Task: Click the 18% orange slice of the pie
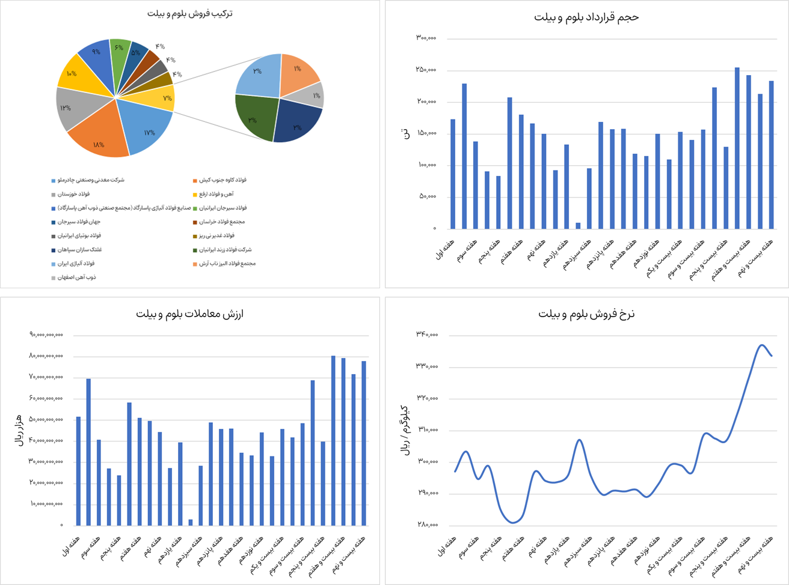click(x=99, y=135)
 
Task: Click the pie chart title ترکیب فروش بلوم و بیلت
click(x=190, y=13)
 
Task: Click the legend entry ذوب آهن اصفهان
click(x=77, y=277)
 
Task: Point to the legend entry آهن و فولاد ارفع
click(x=216, y=194)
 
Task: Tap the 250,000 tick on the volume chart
click(x=426, y=70)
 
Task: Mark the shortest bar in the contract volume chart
click(x=578, y=225)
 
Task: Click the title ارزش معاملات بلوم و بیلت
click(x=189, y=314)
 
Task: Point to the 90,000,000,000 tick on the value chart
click(x=46, y=335)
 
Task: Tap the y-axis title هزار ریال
click(x=17, y=429)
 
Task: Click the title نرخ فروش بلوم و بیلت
click(x=586, y=314)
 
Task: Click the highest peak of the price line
click(x=761, y=345)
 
